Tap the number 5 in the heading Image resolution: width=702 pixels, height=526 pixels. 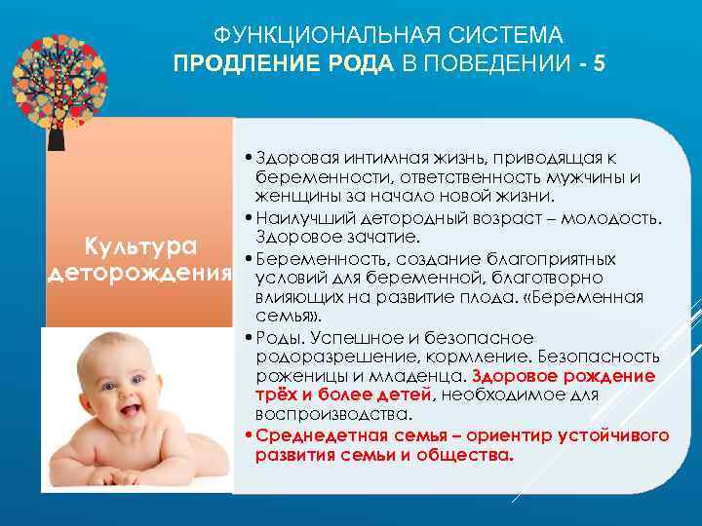[x=599, y=63]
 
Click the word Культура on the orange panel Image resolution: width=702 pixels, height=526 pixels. [x=140, y=244]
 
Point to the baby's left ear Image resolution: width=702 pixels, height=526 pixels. [x=205, y=390]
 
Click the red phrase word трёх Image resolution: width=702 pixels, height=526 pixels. [x=275, y=394]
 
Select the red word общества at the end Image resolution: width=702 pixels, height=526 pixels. [x=472, y=455]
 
